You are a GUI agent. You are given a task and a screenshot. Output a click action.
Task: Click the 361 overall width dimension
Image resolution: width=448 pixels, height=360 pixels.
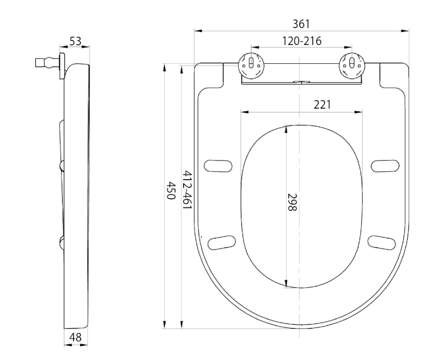click(x=301, y=24)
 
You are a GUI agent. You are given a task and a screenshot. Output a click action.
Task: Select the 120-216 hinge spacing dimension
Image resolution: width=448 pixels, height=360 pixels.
click(x=302, y=41)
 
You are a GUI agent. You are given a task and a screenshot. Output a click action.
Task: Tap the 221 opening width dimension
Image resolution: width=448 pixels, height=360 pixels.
click(x=323, y=105)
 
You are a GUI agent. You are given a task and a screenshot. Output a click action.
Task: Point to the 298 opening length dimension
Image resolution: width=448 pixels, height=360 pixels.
click(x=292, y=202)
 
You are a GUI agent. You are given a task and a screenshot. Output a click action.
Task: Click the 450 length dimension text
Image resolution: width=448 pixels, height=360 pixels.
click(x=171, y=190)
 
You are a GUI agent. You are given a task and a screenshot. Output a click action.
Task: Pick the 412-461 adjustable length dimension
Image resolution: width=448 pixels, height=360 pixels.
click(x=186, y=190)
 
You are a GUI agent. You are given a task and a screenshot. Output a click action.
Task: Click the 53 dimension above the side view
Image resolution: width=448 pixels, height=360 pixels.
click(x=76, y=41)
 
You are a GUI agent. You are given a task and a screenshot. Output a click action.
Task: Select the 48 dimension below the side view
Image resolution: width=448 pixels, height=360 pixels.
click(x=76, y=338)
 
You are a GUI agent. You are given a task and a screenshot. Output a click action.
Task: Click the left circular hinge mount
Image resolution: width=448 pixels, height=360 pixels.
click(x=251, y=65)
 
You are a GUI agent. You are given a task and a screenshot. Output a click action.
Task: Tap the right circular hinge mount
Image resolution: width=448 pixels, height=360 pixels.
click(x=352, y=65)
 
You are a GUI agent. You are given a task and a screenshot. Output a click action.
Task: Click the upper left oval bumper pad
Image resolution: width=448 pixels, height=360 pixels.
click(x=218, y=166)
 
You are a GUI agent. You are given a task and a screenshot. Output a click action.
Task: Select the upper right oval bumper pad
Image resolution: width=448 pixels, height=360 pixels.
click(x=385, y=166)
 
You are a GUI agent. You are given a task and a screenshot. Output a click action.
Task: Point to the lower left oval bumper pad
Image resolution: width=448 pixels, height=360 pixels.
click(x=222, y=242)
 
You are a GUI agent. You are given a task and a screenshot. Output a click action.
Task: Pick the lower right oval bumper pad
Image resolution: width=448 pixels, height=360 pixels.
click(x=382, y=242)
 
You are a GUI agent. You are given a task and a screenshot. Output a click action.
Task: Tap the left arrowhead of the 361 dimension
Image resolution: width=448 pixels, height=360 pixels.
click(x=198, y=31)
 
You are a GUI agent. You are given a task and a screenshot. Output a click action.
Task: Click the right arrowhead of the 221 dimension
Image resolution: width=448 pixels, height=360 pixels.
click(x=358, y=112)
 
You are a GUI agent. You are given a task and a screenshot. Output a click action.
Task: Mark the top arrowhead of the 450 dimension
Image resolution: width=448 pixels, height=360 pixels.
click(x=165, y=68)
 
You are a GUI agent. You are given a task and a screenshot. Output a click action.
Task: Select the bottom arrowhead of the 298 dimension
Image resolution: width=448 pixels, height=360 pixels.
click(x=287, y=283)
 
